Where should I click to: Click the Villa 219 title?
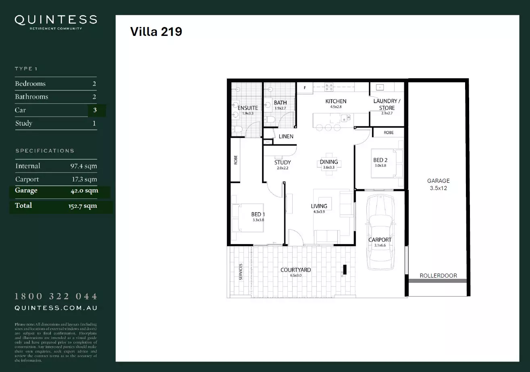tap(156, 32)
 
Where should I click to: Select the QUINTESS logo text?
tap(56, 20)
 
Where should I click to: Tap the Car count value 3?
tap(95, 110)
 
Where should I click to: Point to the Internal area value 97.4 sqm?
tap(83, 166)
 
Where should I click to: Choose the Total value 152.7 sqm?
tap(83, 206)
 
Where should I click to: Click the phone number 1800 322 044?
tap(56, 297)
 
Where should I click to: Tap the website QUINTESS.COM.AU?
tap(56, 308)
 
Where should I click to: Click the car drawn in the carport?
tap(380, 232)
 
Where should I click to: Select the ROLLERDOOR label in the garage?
tap(438, 276)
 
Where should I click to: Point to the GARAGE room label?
tap(439, 181)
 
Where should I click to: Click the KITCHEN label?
tap(336, 101)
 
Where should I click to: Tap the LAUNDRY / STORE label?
tap(387, 104)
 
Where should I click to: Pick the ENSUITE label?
tap(247, 108)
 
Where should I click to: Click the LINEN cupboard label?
tap(286, 136)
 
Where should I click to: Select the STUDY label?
tap(283, 163)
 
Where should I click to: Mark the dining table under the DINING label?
tap(329, 163)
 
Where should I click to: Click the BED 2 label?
tap(380, 160)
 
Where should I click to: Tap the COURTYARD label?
tap(295, 270)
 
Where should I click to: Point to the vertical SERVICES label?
tap(241, 272)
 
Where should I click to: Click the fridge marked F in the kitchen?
tap(305, 88)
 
